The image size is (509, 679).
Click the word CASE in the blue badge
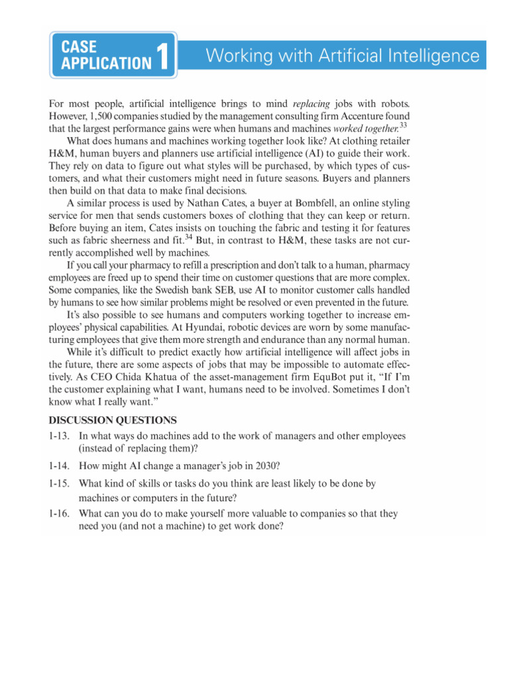[78, 47]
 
